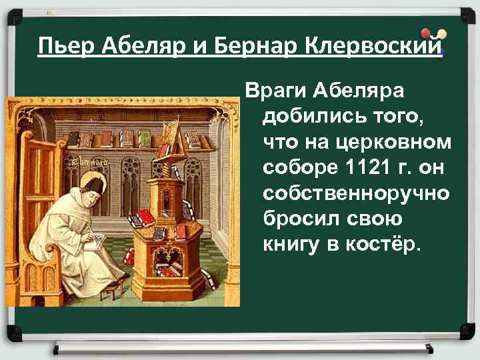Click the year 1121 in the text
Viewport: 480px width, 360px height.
[x=365, y=165]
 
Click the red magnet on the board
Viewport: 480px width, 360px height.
[x=426, y=33]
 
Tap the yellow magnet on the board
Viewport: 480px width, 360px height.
[x=441, y=34]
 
